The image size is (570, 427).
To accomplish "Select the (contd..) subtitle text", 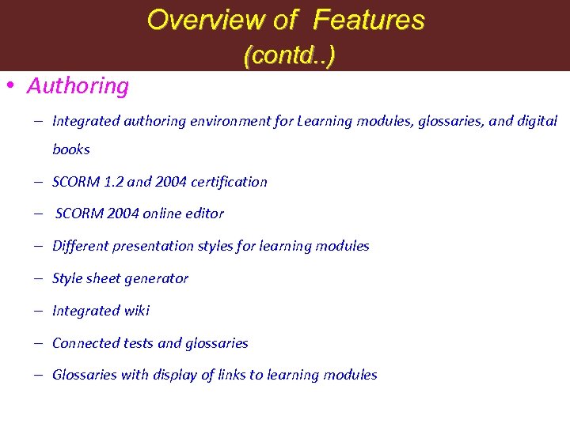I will [x=290, y=55].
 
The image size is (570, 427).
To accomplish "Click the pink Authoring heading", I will [x=78, y=85].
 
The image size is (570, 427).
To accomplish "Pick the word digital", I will [x=538, y=121].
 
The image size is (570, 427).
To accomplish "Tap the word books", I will [x=71, y=149].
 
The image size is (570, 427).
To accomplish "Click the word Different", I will [x=78, y=246].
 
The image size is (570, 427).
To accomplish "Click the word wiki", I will [x=135, y=311].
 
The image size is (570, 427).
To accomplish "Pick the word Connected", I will [x=86, y=343].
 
